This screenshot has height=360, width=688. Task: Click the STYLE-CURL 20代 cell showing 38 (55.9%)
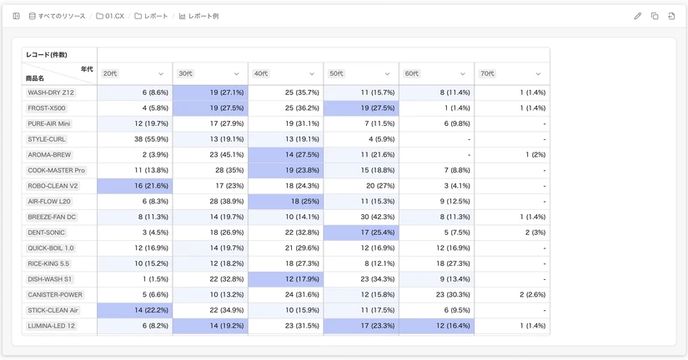[x=135, y=139]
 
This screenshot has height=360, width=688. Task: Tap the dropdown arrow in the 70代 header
[x=538, y=73]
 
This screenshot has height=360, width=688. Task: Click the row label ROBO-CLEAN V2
[x=53, y=186]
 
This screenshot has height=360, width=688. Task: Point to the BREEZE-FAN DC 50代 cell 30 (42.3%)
[x=361, y=217]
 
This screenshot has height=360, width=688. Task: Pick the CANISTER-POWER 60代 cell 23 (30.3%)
[x=437, y=295]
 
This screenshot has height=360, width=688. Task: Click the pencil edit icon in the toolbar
[x=637, y=16]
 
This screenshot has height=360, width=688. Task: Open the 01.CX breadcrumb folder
[x=110, y=16]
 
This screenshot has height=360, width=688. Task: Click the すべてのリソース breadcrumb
[x=57, y=16]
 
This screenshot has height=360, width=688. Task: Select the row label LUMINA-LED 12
[x=52, y=326]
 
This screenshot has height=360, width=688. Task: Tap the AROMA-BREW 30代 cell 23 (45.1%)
[x=210, y=155]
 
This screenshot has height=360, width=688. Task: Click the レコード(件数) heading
[x=47, y=55]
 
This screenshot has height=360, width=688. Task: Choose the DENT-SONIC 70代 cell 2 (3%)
[x=512, y=232]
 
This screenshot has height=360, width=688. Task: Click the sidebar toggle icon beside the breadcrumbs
[x=16, y=16]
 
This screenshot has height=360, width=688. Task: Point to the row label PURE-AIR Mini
[x=48, y=123]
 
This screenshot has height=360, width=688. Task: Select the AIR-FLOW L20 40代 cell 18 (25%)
[x=286, y=202]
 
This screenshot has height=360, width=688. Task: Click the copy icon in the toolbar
[x=655, y=16]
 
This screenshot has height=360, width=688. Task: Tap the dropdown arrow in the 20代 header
[x=161, y=73]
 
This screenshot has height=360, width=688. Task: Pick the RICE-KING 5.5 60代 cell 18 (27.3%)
[x=437, y=263]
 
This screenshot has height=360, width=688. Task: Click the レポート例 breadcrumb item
[x=198, y=16]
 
